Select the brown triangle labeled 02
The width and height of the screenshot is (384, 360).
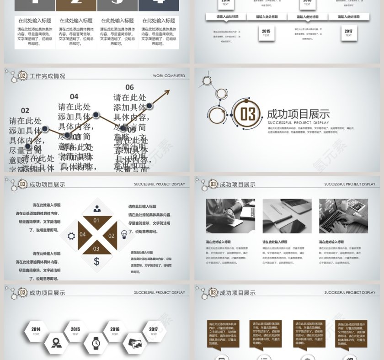tap(110, 236)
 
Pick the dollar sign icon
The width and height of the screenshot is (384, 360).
tap(96, 261)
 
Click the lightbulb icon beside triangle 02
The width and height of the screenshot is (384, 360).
tap(124, 234)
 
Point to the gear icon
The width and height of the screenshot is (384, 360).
tap(71, 236)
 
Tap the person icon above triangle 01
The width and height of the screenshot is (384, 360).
tap(97, 209)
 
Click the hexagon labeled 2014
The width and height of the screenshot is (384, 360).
tap(36, 331)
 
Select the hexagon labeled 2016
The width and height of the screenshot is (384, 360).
tap(115, 331)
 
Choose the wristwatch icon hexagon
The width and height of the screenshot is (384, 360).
tap(96, 343)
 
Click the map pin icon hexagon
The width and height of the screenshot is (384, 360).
tap(56, 343)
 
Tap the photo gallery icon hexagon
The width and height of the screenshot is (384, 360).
tap(135, 343)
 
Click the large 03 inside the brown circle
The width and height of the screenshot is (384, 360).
tap(247, 114)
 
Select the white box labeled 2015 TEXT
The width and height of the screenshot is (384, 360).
tap(266, 33)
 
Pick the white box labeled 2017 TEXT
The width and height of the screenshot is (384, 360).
tap(348, 33)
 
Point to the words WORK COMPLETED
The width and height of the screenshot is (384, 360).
tap(169, 76)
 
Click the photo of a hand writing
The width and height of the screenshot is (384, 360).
tap(230, 216)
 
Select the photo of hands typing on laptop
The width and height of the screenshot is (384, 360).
tap(343, 216)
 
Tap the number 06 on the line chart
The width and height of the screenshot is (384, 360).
tap(130, 87)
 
